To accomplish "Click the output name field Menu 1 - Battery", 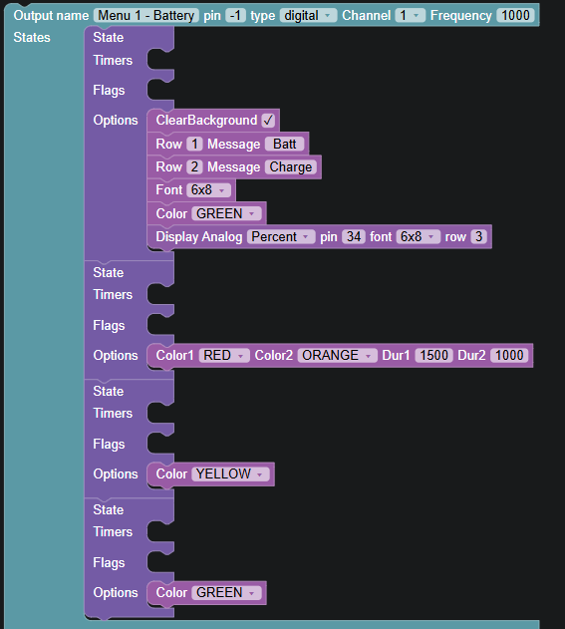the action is click(x=146, y=16).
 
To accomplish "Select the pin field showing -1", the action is click(x=235, y=16).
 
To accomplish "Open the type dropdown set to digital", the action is click(x=308, y=16).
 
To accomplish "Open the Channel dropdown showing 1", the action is click(x=410, y=16).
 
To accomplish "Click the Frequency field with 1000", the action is click(x=515, y=16).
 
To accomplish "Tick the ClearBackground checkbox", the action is click(x=268, y=121).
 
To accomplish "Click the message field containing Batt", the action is click(x=284, y=144).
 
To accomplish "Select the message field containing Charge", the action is click(x=291, y=166).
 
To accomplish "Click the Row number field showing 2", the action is click(x=194, y=166).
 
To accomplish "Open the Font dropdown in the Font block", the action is click(x=208, y=189).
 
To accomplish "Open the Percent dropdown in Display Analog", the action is click(x=281, y=236).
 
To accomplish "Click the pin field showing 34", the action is click(x=354, y=236).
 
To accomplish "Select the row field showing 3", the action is click(x=478, y=236).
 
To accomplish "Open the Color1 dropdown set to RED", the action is click(x=224, y=356).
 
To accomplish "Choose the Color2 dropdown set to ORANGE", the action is click(x=337, y=356).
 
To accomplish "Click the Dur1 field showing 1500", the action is click(x=433, y=356).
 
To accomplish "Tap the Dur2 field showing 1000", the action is click(x=509, y=356).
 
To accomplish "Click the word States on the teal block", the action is click(x=32, y=37).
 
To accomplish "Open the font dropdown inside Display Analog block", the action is click(x=419, y=236).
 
